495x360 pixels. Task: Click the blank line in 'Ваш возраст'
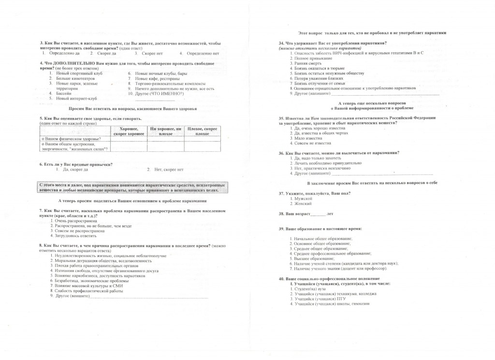(x=318, y=214)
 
